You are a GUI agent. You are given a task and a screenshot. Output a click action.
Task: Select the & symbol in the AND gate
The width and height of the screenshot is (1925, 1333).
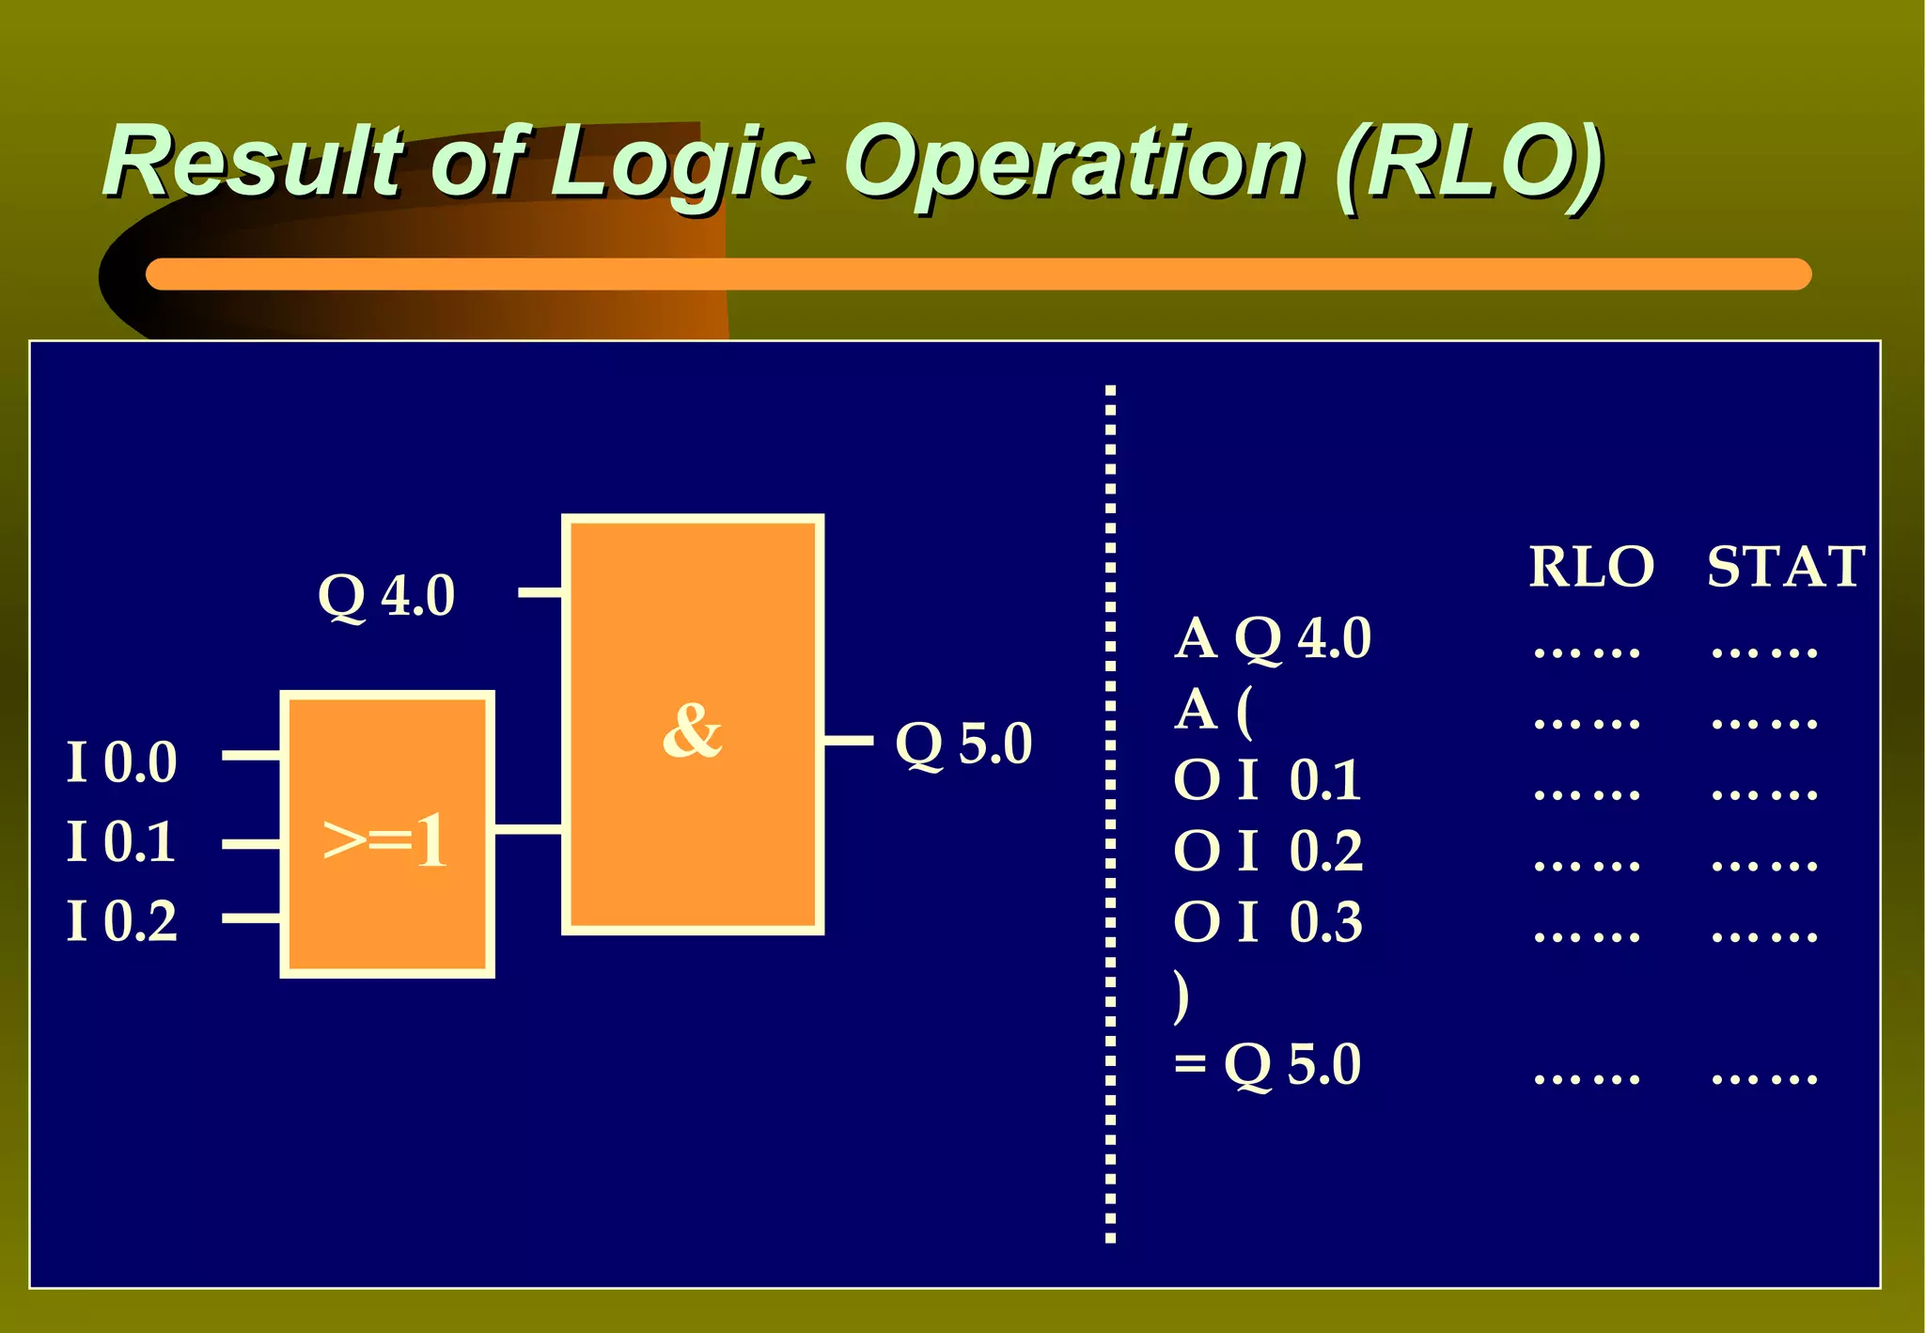693,730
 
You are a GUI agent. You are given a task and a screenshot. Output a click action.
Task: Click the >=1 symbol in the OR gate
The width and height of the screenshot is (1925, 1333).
385,839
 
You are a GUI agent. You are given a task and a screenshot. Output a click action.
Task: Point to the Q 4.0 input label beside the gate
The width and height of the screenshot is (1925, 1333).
386,595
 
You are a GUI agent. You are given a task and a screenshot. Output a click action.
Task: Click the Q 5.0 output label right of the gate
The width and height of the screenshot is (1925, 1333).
963,744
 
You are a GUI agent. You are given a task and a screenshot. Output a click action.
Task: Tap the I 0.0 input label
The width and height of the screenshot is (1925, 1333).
122,761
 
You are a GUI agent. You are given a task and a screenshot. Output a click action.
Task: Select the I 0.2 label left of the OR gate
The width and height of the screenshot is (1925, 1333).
122,920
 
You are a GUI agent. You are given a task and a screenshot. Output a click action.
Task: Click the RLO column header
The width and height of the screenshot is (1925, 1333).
1590,567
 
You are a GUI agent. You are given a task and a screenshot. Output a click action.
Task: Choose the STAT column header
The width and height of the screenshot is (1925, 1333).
1785,567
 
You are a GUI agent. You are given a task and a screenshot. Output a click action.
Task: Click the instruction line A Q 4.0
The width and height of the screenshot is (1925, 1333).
1273,638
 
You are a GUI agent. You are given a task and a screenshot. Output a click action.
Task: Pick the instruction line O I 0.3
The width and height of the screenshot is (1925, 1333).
1268,922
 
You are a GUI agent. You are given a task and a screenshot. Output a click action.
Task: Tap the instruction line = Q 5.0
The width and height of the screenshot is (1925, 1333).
1268,1065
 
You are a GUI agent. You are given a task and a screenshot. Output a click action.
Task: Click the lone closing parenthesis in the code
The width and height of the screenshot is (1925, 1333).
1182,996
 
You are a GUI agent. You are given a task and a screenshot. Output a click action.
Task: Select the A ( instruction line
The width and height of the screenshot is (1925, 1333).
1213,710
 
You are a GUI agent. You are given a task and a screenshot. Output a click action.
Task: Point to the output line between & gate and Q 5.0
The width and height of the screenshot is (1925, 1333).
849,741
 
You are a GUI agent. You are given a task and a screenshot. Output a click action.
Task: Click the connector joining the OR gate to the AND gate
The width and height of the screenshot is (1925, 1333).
528,829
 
